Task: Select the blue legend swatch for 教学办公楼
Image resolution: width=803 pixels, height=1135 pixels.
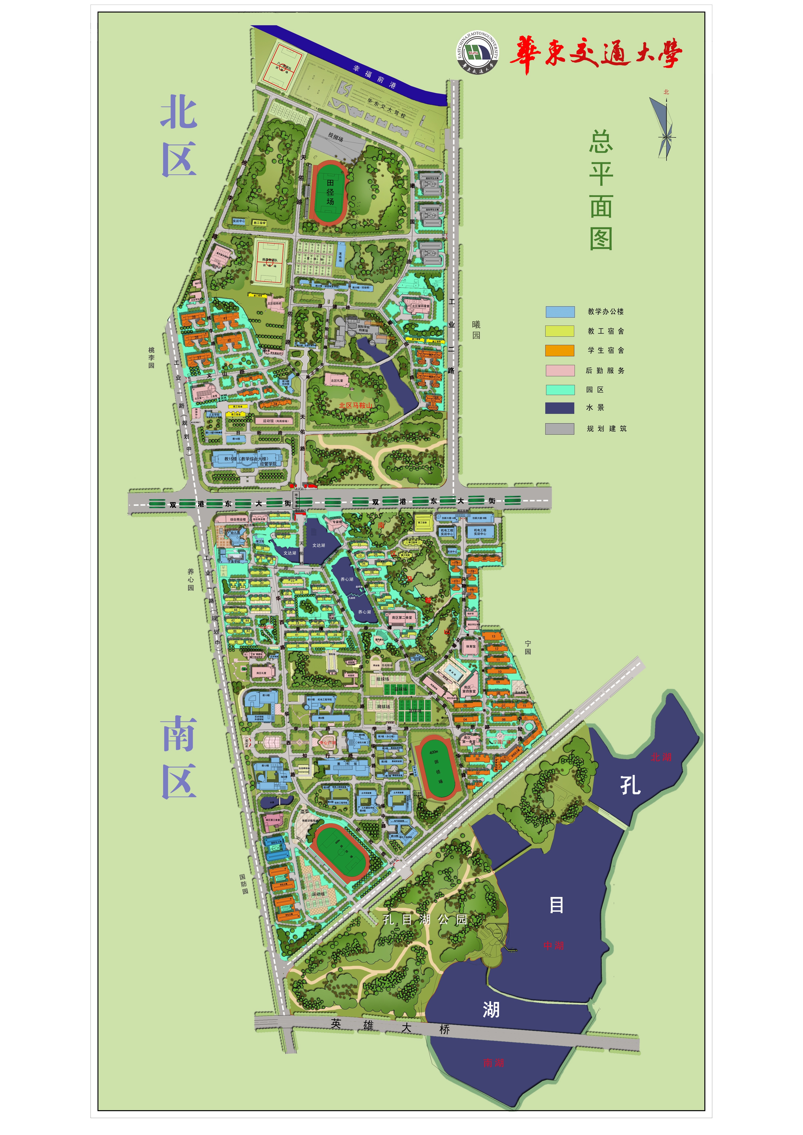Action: tap(560, 312)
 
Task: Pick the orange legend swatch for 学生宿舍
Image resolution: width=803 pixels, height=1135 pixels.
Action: tap(560, 351)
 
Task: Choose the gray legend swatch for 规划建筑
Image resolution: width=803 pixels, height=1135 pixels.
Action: tap(560, 429)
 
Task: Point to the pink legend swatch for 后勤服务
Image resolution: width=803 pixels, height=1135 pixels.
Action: tap(560, 370)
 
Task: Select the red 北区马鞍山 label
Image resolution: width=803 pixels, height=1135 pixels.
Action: tap(355, 405)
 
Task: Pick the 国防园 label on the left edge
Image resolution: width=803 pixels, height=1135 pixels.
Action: tap(244, 884)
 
